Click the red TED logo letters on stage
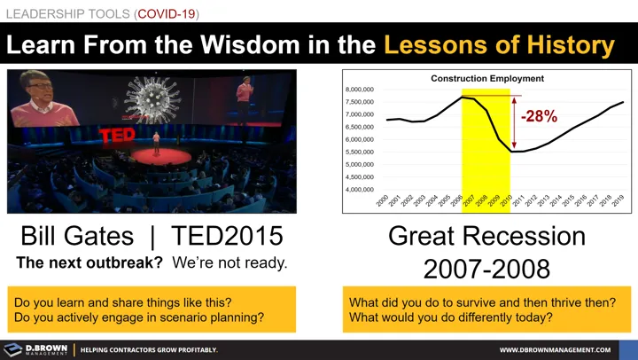click(x=116, y=135)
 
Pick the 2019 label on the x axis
click(x=618, y=202)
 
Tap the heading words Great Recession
click(x=486, y=237)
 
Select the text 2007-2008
click(x=486, y=269)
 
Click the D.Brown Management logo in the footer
click(x=36, y=349)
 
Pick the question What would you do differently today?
click(x=451, y=317)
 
